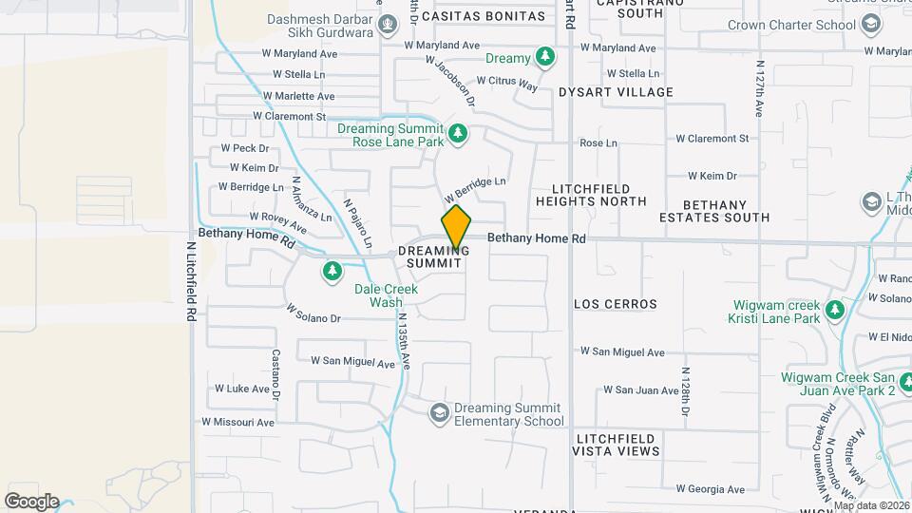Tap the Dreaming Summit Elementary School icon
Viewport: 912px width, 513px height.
[x=439, y=412]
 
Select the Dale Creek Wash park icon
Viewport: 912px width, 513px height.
[x=332, y=273]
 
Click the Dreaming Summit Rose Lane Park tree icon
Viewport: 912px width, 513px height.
[x=459, y=134]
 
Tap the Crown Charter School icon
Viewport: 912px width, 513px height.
[x=871, y=26]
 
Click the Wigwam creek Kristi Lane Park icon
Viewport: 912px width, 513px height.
[x=834, y=311]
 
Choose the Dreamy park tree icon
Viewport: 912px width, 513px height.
[x=544, y=59]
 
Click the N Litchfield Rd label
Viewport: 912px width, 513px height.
[x=191, y=280]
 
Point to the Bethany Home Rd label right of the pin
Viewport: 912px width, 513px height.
[x=536, y=239]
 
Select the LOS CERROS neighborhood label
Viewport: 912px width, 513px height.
[x=616, y=304]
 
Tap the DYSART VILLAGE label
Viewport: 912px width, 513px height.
[x=616, y=92]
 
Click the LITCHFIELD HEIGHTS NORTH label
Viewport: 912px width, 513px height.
[x=591, y=195]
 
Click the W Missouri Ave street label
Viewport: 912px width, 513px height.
[x=237, y=422]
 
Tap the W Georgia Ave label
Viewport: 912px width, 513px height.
[x=710, y=489]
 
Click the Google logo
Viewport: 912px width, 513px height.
[x=31, y=501]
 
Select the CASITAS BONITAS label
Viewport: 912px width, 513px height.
[x=484, y=16]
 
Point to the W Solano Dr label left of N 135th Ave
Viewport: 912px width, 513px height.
[x=313, y=313]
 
